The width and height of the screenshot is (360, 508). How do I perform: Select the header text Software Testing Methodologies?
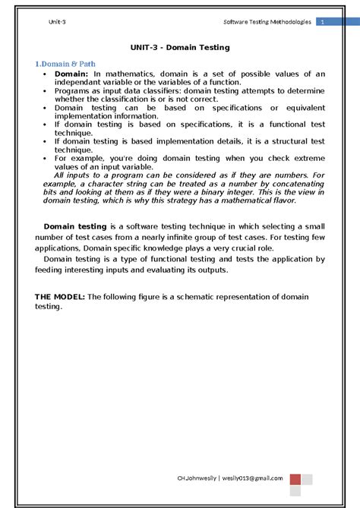click(264, 22)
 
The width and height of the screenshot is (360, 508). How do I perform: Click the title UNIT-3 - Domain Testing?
click(180, 47)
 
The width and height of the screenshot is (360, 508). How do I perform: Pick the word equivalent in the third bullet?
click(300, 108)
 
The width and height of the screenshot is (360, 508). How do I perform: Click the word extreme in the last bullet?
click(308, 159)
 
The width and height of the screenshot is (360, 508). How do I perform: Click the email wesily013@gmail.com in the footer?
click(253, 478)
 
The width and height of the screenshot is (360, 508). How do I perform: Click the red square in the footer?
click(295, 479)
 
